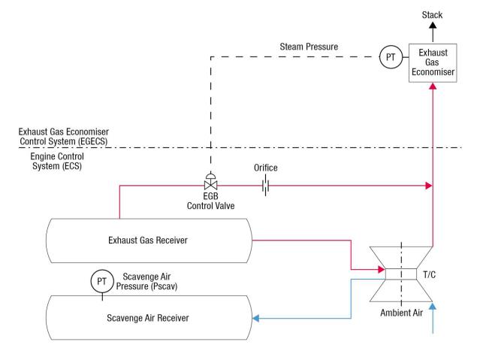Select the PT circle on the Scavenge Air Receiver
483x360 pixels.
tap(101, 281)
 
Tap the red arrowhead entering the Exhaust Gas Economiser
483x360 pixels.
tap(432, 86)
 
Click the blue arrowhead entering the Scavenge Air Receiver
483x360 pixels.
tap(256, 319)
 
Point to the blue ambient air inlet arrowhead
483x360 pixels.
tap(432, 307)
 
